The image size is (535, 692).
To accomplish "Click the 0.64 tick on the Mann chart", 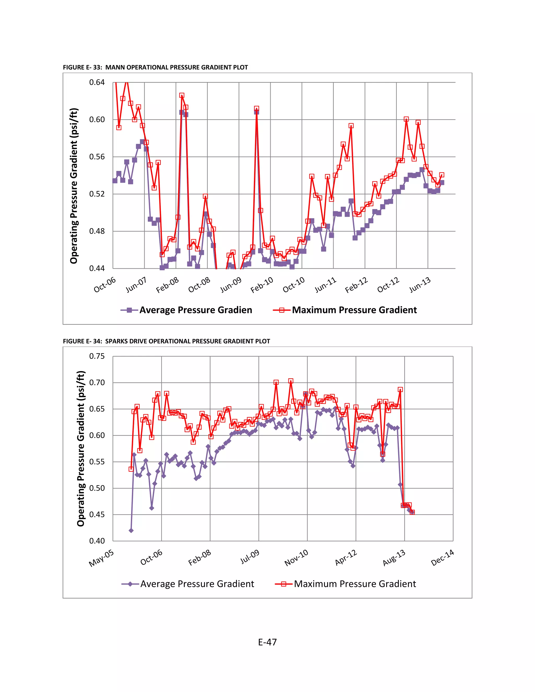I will tap(97, 82).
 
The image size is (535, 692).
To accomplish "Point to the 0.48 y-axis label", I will tap(97, 231).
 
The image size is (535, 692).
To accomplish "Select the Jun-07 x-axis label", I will tap(136, 285).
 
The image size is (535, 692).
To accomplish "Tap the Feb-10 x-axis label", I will tap(262, 285).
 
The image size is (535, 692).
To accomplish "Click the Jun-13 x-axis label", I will tap(420, 285).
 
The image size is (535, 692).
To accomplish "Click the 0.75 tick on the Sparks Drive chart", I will tap(97, 356).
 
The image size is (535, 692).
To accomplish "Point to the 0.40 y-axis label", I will tap(97, 541).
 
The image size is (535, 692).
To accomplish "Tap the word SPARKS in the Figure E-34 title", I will tap(116, 341).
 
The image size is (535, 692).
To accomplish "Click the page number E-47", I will tap(267, 642).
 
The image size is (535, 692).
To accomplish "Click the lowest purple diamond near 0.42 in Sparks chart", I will tap(131, 530).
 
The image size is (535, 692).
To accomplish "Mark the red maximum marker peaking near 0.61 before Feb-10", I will tap(257, 108).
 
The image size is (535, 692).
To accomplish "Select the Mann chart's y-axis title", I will tap(74, 186).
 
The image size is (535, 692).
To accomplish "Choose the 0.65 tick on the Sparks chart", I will tap(97, 409).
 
